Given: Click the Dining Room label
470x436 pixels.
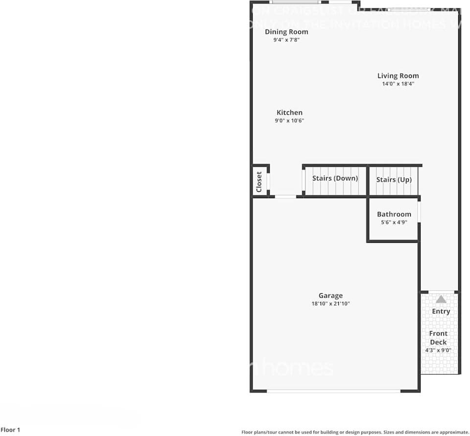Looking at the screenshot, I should [x=286, y=32].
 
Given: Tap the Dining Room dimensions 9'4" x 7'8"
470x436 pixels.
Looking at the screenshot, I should [x=286, y=40].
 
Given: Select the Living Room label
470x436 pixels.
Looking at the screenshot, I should [x=398, y=76].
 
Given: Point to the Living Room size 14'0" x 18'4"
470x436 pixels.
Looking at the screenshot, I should [x=398, y=84].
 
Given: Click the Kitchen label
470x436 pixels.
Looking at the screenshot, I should [x=289, y=112].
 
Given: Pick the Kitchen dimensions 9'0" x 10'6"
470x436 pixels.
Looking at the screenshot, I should [x=289, y=121].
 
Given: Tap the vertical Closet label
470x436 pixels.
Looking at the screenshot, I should [x=259, y=181].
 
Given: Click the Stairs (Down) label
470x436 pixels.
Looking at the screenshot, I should [x=335, y=178].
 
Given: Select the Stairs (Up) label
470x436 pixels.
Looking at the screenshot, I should [x=394, y=180].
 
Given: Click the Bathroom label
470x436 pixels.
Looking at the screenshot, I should [x=394, y=214].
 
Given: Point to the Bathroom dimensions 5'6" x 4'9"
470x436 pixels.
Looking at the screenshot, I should [x=394, y=223].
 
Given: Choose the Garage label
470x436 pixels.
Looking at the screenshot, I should [x=330, y=295].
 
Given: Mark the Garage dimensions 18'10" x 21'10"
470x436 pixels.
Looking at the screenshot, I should [x=330, y=304].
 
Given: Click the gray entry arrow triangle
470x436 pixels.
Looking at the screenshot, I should [x=441, y=299].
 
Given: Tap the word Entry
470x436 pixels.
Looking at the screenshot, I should [x=441, y=311].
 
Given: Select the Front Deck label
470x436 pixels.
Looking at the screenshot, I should [x=438, y=338].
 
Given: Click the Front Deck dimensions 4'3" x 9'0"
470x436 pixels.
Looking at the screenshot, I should [x=438, y=350].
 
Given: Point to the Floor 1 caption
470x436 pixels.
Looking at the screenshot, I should [x=10, y=430].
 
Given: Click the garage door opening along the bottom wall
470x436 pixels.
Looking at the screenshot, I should [x=333, y=391].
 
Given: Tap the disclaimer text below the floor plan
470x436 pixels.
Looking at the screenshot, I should [x=355, y=432].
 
